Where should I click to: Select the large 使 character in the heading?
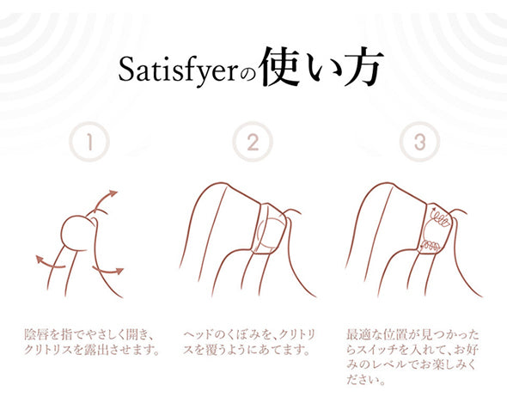[280, 66]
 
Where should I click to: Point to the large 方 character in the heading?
[363, 66]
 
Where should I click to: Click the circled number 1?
[89, 142]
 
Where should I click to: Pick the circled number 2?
[253, 142]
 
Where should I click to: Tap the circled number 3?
[419, 142]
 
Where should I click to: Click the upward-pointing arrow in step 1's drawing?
[103, 199]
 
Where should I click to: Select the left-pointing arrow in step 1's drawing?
[49, 262]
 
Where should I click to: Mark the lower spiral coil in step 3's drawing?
[430, 247]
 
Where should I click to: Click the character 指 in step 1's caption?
[67, 334]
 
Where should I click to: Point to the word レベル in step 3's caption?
[394, 365]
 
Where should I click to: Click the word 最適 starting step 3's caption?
[359, 334]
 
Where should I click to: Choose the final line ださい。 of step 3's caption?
[366, 380]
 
